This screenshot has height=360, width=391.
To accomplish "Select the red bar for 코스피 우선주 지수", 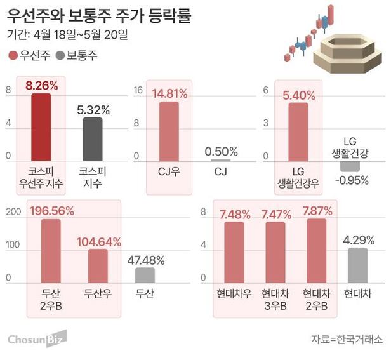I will click(41, 127).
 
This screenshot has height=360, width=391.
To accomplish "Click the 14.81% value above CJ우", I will click(169, 94).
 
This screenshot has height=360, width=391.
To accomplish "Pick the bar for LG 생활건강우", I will click(298, 131).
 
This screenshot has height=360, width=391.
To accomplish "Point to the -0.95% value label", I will click(350, 179).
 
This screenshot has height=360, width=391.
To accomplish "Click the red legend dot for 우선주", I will click(14, 56).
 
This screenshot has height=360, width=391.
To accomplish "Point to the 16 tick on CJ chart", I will click(137, 90).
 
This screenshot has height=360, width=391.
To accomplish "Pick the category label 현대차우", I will click(234, 294).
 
